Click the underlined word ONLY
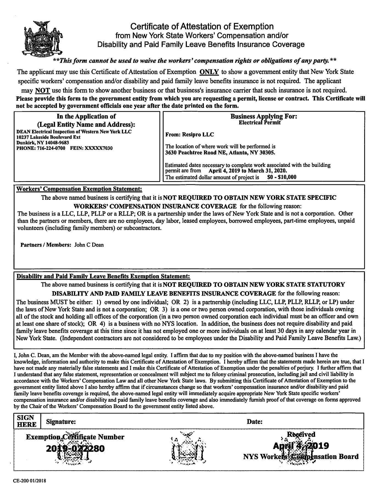click(x=209, y=72)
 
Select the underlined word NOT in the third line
click(x=42, y=90)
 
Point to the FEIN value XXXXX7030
click(x=99, y=148)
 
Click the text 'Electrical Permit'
click(x=260, y=123)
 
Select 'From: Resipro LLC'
click(x=190, y=135)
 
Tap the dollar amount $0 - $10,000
click(x=282, y=177)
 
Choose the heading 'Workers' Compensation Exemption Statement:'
click(x=79, y=189)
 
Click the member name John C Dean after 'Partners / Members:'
click(x=89, y=245)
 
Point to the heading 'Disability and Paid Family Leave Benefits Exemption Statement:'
click(x=103, y=276)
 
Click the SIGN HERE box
click(x=27, y=421)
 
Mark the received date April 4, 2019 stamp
click(x=301, y=445)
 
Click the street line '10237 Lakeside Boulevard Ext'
click(x=48, y=137)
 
